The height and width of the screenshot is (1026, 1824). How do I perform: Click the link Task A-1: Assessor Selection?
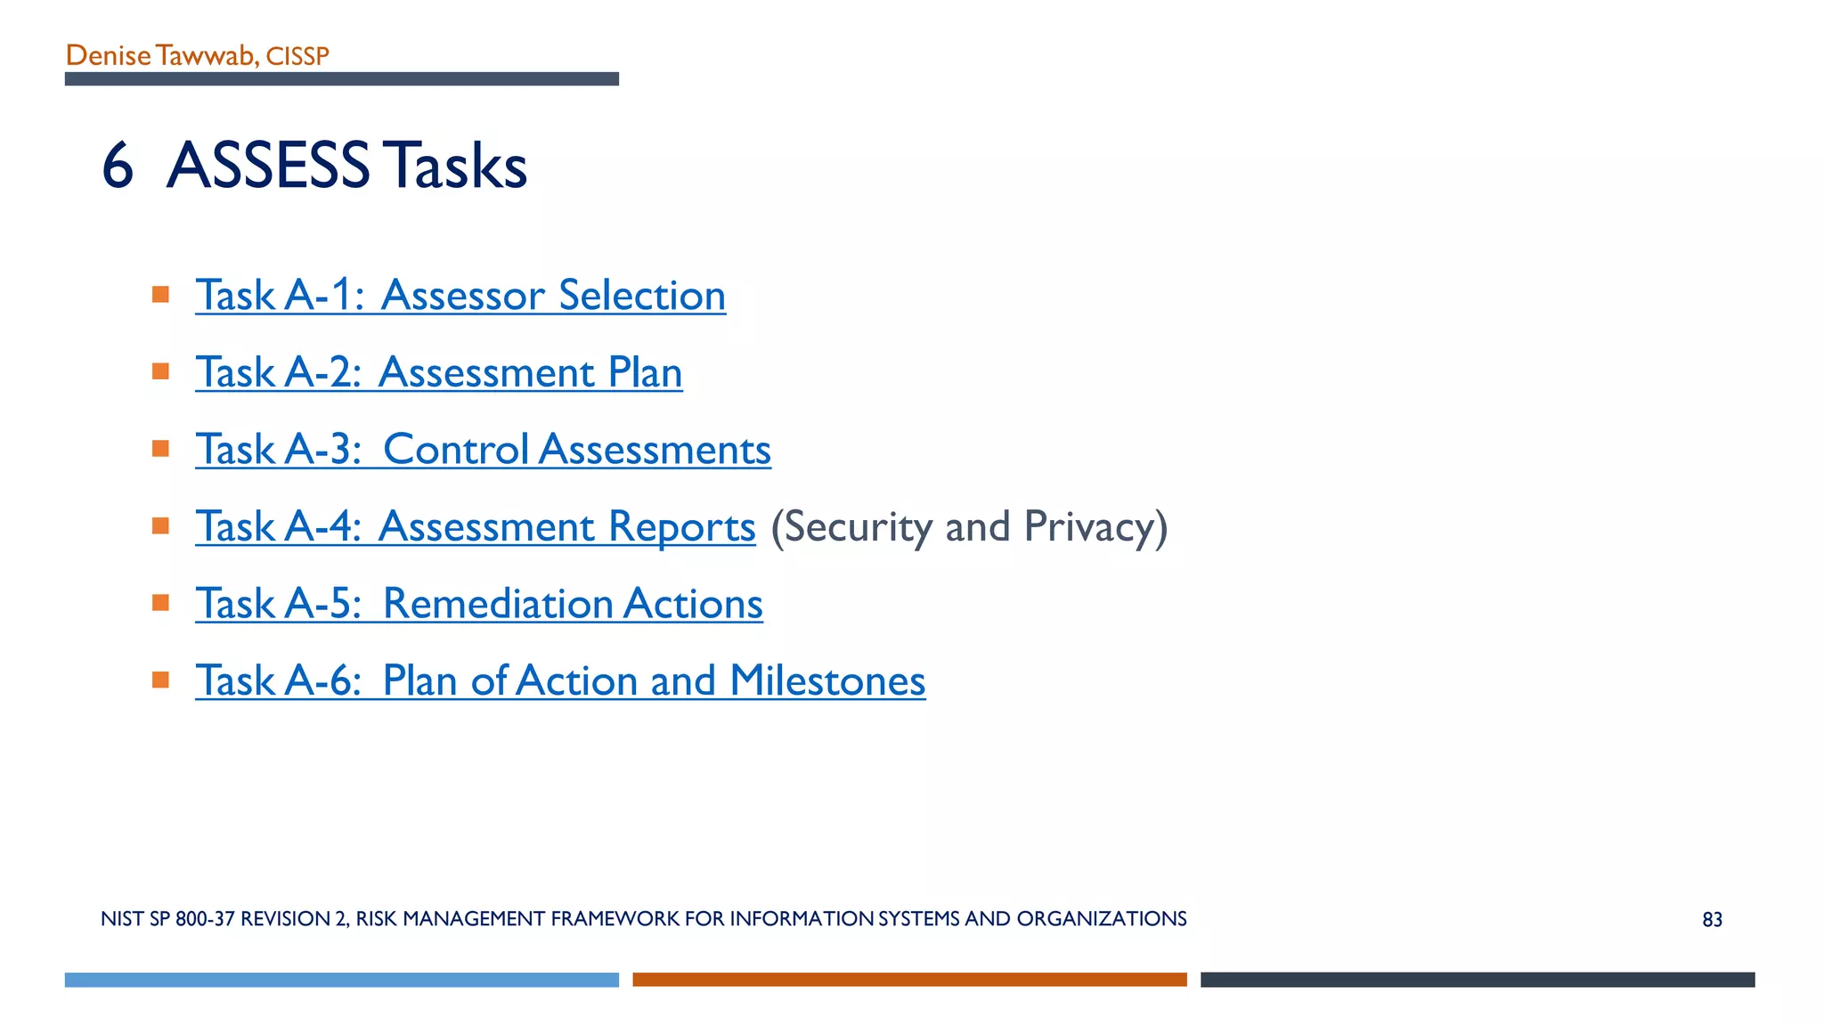pos(460,296)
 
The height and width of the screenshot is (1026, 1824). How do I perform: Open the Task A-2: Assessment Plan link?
pos(439,372)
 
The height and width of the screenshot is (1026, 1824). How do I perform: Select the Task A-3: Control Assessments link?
pos(483,450)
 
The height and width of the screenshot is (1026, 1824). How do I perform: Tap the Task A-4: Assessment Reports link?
pos(475,526)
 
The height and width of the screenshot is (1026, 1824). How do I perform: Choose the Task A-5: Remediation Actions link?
pos(479,604)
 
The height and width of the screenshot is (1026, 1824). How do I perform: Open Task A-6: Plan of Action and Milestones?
pos(560,681)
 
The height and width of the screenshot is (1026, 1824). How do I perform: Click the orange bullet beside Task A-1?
pos(160,295)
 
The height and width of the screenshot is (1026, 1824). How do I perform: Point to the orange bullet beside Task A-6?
pos(160,680)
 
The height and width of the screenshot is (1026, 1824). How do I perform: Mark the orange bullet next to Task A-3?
pos(160,449)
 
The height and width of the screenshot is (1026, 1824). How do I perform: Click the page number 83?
pos(1712,920)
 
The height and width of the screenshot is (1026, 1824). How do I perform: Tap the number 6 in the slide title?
pos(118,167)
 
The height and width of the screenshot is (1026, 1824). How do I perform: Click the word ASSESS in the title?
pos(268,167)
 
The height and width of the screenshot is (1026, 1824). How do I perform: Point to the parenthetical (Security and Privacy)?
pos(969,526)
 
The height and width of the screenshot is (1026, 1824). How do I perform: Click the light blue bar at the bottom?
pos(341,980)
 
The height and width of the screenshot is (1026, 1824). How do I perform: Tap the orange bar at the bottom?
pos(909,980)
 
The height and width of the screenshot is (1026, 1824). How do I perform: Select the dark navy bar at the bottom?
pos(1478,980)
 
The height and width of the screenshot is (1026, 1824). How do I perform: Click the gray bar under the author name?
pos(341,79)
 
